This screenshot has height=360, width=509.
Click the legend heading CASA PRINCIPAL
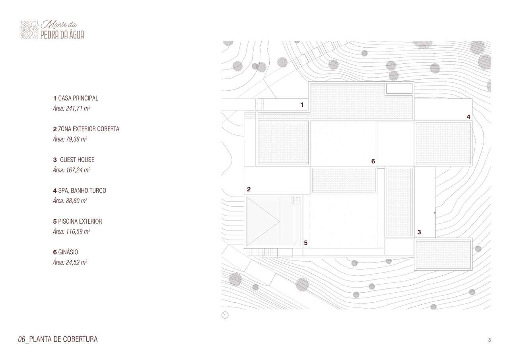78,98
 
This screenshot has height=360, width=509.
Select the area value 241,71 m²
78,109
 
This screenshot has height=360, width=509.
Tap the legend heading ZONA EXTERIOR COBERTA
89,129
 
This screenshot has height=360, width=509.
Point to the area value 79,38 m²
76,139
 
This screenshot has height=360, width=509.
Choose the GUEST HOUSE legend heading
77,160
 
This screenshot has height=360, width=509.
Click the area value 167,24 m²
78,170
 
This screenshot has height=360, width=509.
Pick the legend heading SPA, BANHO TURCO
82,191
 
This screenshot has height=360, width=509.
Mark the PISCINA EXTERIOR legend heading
80,221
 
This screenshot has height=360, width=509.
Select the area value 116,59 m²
78,232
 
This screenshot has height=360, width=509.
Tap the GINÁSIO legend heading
68,252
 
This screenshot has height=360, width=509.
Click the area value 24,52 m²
76,263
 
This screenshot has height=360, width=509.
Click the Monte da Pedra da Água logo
52,30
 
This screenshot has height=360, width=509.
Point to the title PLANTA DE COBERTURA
63,339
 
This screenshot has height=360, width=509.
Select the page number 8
489,340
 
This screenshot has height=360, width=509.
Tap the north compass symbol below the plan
225,315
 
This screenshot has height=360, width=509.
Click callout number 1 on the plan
302,105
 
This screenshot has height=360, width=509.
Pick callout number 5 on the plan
306,243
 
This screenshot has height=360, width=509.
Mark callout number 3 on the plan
419,232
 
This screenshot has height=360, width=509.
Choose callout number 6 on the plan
373,161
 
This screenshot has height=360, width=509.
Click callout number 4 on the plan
468,117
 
